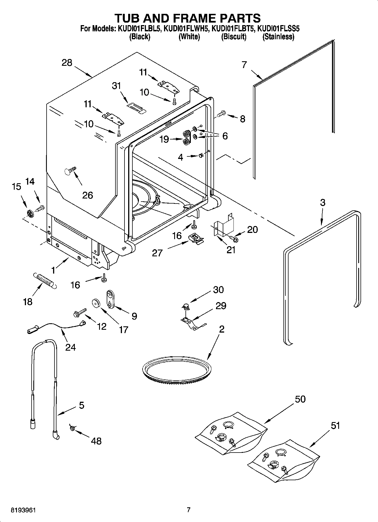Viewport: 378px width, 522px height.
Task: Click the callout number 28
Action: (x=67, y=62)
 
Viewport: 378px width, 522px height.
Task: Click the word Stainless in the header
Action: (x=278, y=37)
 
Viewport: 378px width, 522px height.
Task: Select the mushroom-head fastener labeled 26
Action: (x=71, y=171)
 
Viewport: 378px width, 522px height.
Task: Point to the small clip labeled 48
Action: (x=72, y=428)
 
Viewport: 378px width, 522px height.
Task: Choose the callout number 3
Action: (x=323, y=202)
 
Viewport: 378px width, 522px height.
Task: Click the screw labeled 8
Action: (x=221, y=114)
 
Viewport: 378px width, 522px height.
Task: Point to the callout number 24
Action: (x=70, y=347)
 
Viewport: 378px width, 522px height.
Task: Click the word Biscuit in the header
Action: (x=234, y=37)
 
